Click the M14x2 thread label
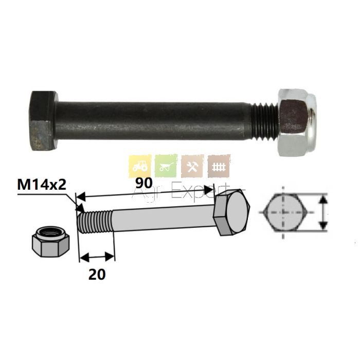click(x=42, y=185)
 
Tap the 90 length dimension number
click(x=144, y=183)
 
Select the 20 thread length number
click(x=97, y=274)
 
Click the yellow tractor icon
click(x=140, y=166)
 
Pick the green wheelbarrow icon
click(x=166, y=166)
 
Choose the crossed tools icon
click(x=192, y=166)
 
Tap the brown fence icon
click(x=219, y=166)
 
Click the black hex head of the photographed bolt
click(x=44, y=121)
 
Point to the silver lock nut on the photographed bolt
click(x=296, y=122)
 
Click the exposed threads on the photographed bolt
click(x=265, y=121)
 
